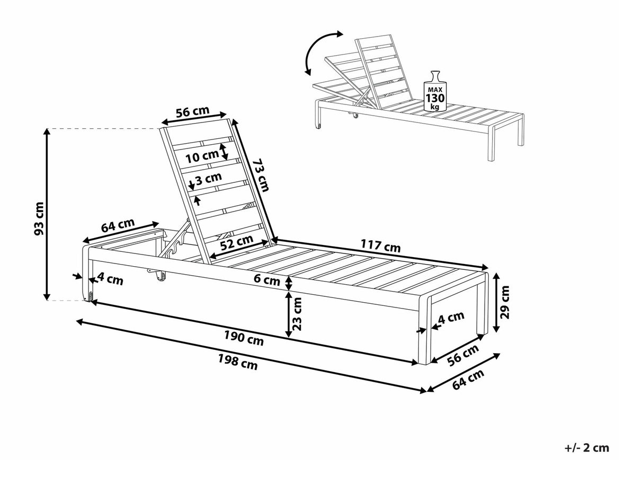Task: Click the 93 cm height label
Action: (38, 217)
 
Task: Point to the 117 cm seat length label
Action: (380, 247)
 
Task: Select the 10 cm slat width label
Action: (202, 156)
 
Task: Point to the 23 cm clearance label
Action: (298, 312)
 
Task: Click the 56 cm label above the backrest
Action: (192, 112)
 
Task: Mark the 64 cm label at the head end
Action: (118, 225)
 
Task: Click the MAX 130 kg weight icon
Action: (435, 91)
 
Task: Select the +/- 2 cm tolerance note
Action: (587, 448)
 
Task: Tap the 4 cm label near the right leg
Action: (451, 317)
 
